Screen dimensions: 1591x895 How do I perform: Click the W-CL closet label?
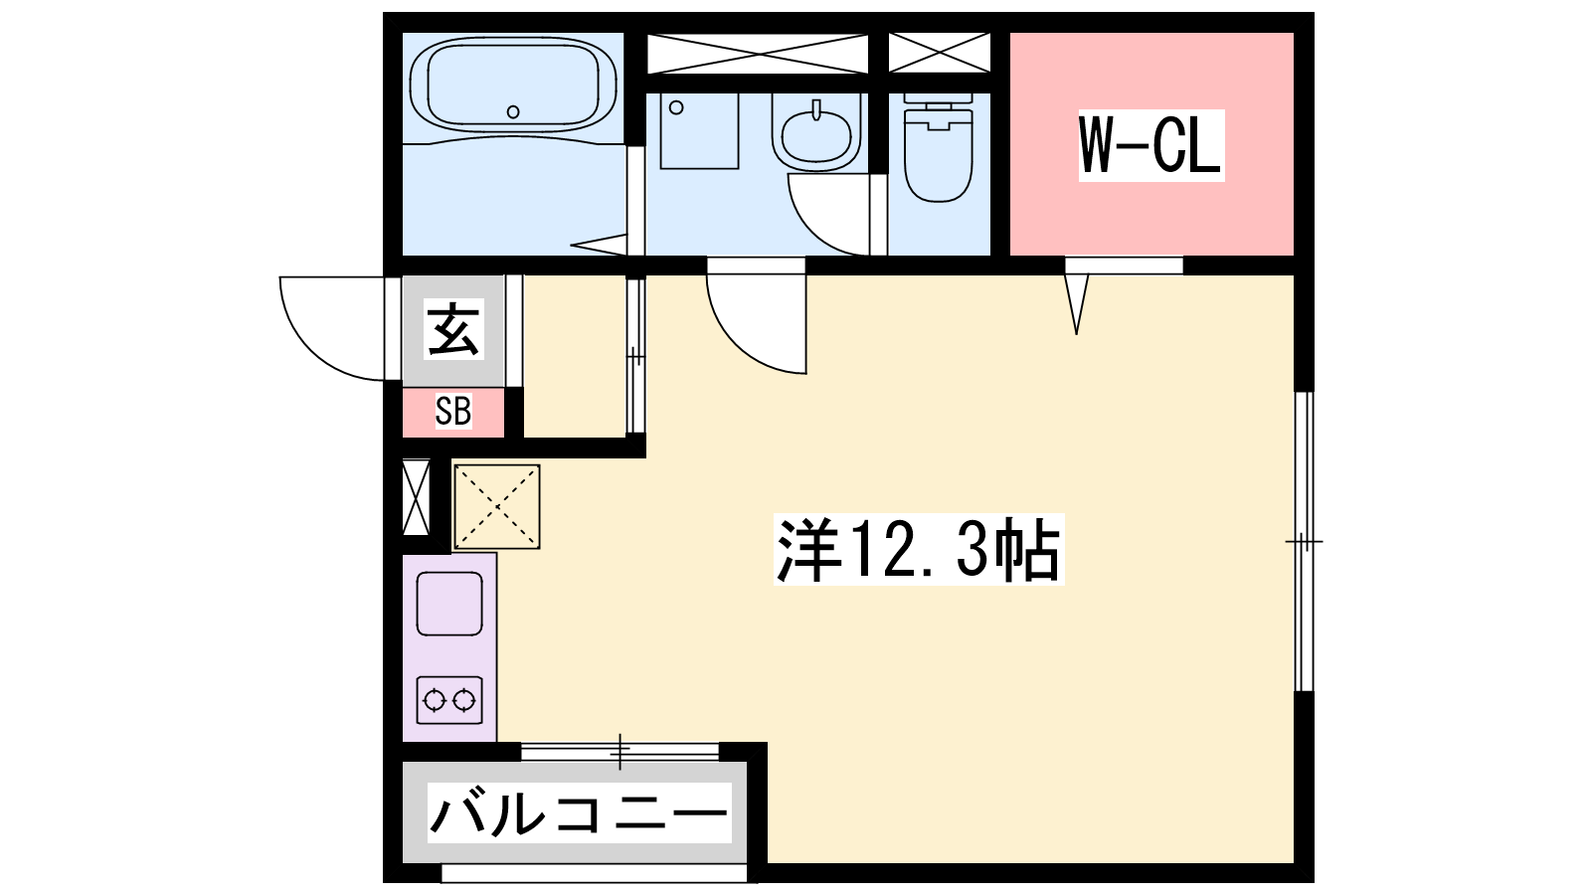click(x=1150, y=145)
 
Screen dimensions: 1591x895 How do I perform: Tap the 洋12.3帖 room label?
click(x=919, y=549)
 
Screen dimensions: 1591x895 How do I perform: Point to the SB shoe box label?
click(x=453, y=411)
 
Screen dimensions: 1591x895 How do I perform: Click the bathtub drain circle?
click(x=513, y=111)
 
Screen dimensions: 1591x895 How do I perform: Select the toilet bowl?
click(x=939, y=148)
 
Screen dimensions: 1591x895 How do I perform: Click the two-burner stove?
click(x=448, y=700)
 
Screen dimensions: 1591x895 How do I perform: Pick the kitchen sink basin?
click(x=448, y=604)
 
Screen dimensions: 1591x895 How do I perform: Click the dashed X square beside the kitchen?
click(x=497, y=506)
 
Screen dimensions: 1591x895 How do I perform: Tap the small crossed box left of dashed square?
click(x=417, y=497)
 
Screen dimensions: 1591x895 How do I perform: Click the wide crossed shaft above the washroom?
click(x=758, y=53)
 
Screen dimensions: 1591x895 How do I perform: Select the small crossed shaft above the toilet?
click(x=939, y=53)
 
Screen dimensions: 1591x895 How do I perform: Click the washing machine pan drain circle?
click(x=676, y=108)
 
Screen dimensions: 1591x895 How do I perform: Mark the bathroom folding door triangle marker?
click(x=599, y=245)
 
